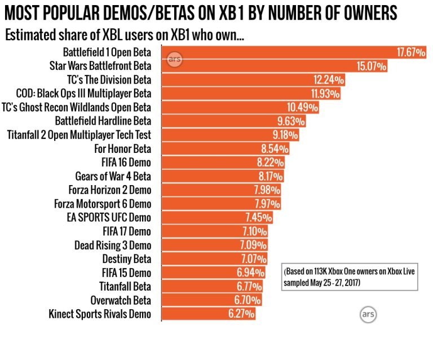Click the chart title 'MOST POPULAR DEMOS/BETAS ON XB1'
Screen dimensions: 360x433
(200, 13)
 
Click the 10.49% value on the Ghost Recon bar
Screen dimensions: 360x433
(302, 107)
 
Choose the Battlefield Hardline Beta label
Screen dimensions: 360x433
(103, 121)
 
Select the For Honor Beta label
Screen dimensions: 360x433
(122, 149)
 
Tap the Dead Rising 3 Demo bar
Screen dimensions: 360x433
(215, 245)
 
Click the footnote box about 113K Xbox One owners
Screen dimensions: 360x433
(350, 276)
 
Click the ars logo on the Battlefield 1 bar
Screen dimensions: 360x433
(174, 59)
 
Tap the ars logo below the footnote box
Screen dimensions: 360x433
(368, 314)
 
